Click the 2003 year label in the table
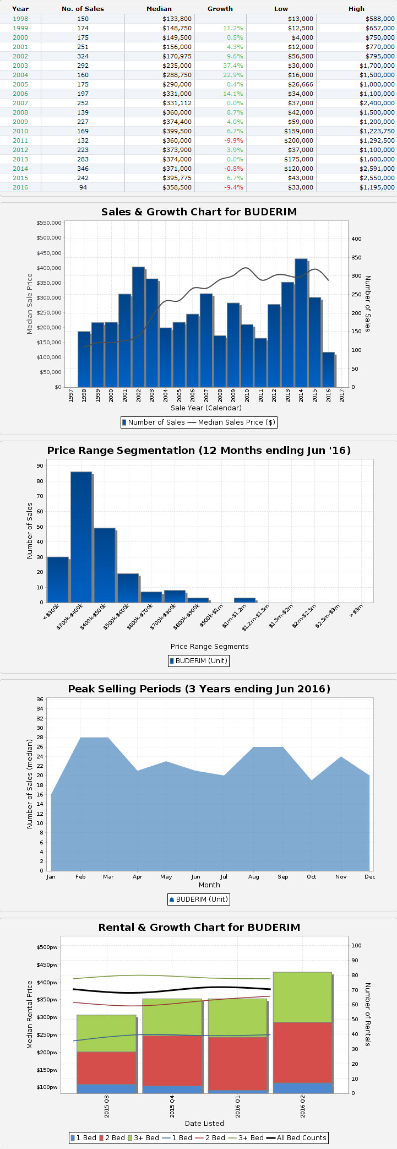pos(20,66)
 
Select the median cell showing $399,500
pos(177,131)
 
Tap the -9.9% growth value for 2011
pos(233,140)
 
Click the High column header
pos(356,9)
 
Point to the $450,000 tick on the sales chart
pos(49,253)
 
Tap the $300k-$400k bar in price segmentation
pos(81,537)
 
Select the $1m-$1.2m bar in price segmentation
pos(244,600)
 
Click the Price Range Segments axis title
pos(209,646)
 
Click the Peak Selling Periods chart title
pos(199,689)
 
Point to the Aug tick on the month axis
pos(253,876)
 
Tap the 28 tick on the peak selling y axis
pos(40,737)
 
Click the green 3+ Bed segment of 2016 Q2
pos(302,997)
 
